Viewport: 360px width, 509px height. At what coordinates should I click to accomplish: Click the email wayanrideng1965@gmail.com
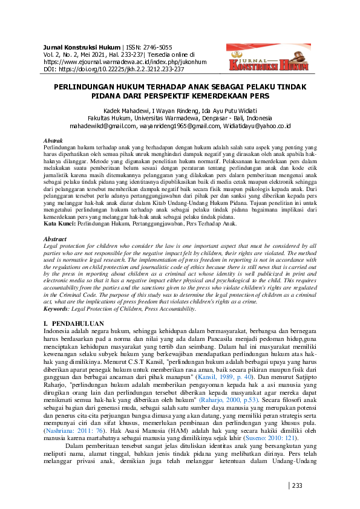177,126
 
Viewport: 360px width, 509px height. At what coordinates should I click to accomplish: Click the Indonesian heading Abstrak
54,140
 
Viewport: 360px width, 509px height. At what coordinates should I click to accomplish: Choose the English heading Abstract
56,239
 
